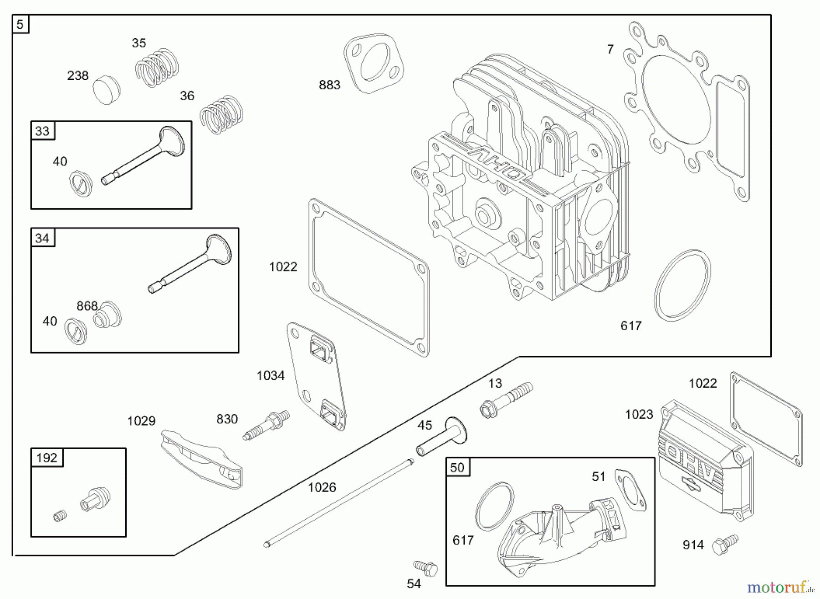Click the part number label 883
(x=329, y=85)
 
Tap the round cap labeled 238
(x=107, y=90)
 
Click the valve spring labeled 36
(x=221, y=114)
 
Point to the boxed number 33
(x=42, y=131)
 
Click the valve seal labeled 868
(x=108, y=315)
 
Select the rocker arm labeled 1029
(x=201, y=459)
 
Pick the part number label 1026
(x=322, y=487)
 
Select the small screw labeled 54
(x=425, y=568)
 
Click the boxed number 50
(x=457, y=467)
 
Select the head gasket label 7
(x=610, y=49)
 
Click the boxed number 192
(x=46, y=458)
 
